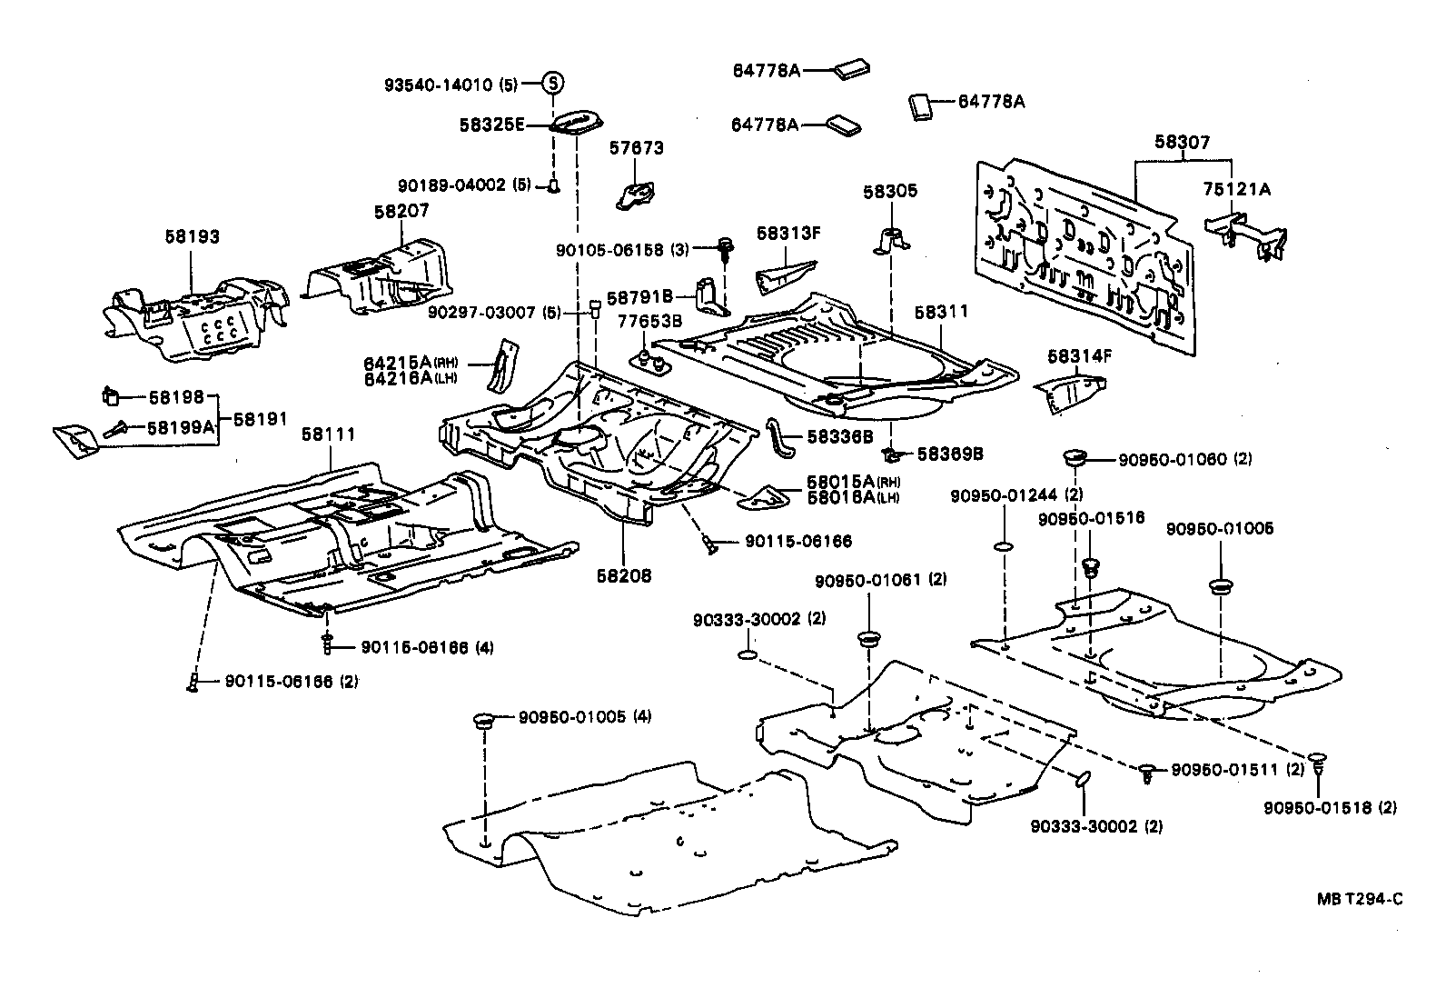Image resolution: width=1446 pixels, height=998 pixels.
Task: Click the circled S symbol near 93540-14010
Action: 553,84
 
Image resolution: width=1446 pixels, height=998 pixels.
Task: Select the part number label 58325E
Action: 492,125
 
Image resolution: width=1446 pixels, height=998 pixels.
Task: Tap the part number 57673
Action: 636,147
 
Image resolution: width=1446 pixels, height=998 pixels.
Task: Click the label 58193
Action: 192,237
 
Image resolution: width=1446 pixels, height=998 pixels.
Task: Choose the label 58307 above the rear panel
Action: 1183,143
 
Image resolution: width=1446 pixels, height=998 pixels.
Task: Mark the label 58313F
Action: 788,233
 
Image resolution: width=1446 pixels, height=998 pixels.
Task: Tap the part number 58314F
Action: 1080,356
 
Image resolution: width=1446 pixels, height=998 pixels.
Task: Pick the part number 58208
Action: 624,575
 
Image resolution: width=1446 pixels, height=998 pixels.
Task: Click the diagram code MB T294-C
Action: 1360,899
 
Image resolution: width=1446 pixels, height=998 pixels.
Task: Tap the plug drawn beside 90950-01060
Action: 1075,455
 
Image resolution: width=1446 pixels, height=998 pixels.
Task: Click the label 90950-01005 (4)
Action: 585,716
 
